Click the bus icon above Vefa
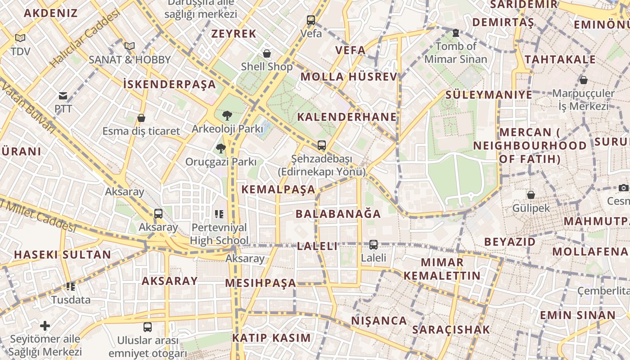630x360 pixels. click(x=311, y=20)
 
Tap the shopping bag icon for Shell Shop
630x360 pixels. click(x=267, y=54)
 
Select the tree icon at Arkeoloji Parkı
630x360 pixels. click(x=227, y=116)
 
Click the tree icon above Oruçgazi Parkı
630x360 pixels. click(x=220, y=148)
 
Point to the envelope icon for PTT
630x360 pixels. click(x=63, y=95)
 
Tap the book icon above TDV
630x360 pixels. click(x=20, y=38)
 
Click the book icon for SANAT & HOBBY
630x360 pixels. click(x=130, y=46)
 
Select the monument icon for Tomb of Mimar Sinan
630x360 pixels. click(x=456, y=33)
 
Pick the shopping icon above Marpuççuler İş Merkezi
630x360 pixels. click(x=584, y=80)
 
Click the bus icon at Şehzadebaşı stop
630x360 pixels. click(x=321, y=145)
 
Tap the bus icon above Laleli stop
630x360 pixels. click(x=373, y=244)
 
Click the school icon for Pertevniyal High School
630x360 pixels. click(x=219, y=214)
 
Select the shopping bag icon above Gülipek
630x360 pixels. click(x=531, y=195)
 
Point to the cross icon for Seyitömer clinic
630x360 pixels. click(x=45, y=325)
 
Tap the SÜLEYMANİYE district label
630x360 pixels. click(x=489, y=95)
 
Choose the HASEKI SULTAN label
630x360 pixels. click(x=62, y=255)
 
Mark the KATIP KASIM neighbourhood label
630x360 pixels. click(x=271, y=338)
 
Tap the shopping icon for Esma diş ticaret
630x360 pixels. click(x=141, y=118)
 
